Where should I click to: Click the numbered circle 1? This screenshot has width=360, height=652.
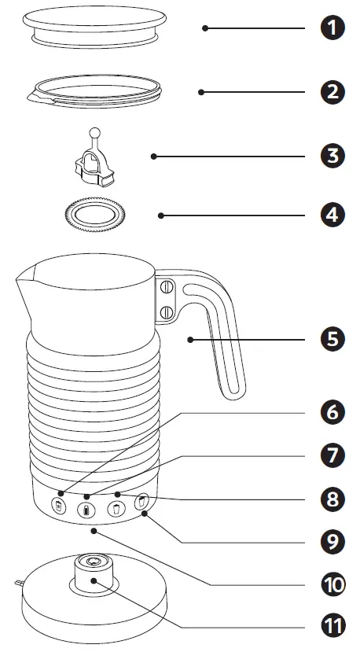(x=335, y=28)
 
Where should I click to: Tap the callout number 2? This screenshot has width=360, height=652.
(x=335, y=92)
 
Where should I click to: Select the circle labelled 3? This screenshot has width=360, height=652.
(x=335, y=156)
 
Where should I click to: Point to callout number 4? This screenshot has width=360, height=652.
(x=335, y=215)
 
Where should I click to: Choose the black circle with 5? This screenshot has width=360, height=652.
(x=335, y=340)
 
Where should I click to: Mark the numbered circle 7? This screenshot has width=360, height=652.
(x=335, y=455)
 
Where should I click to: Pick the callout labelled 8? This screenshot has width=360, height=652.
(x=335, y=499)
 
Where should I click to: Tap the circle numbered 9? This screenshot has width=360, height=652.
(x=335, y=541)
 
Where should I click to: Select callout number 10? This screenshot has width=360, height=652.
(x=335, y=584)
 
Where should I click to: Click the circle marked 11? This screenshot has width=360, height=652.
(x=335, y=627)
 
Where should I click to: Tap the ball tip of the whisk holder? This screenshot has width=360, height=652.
(x=94, y=132)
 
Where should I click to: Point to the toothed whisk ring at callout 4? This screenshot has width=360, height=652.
(x=94, y=215)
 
